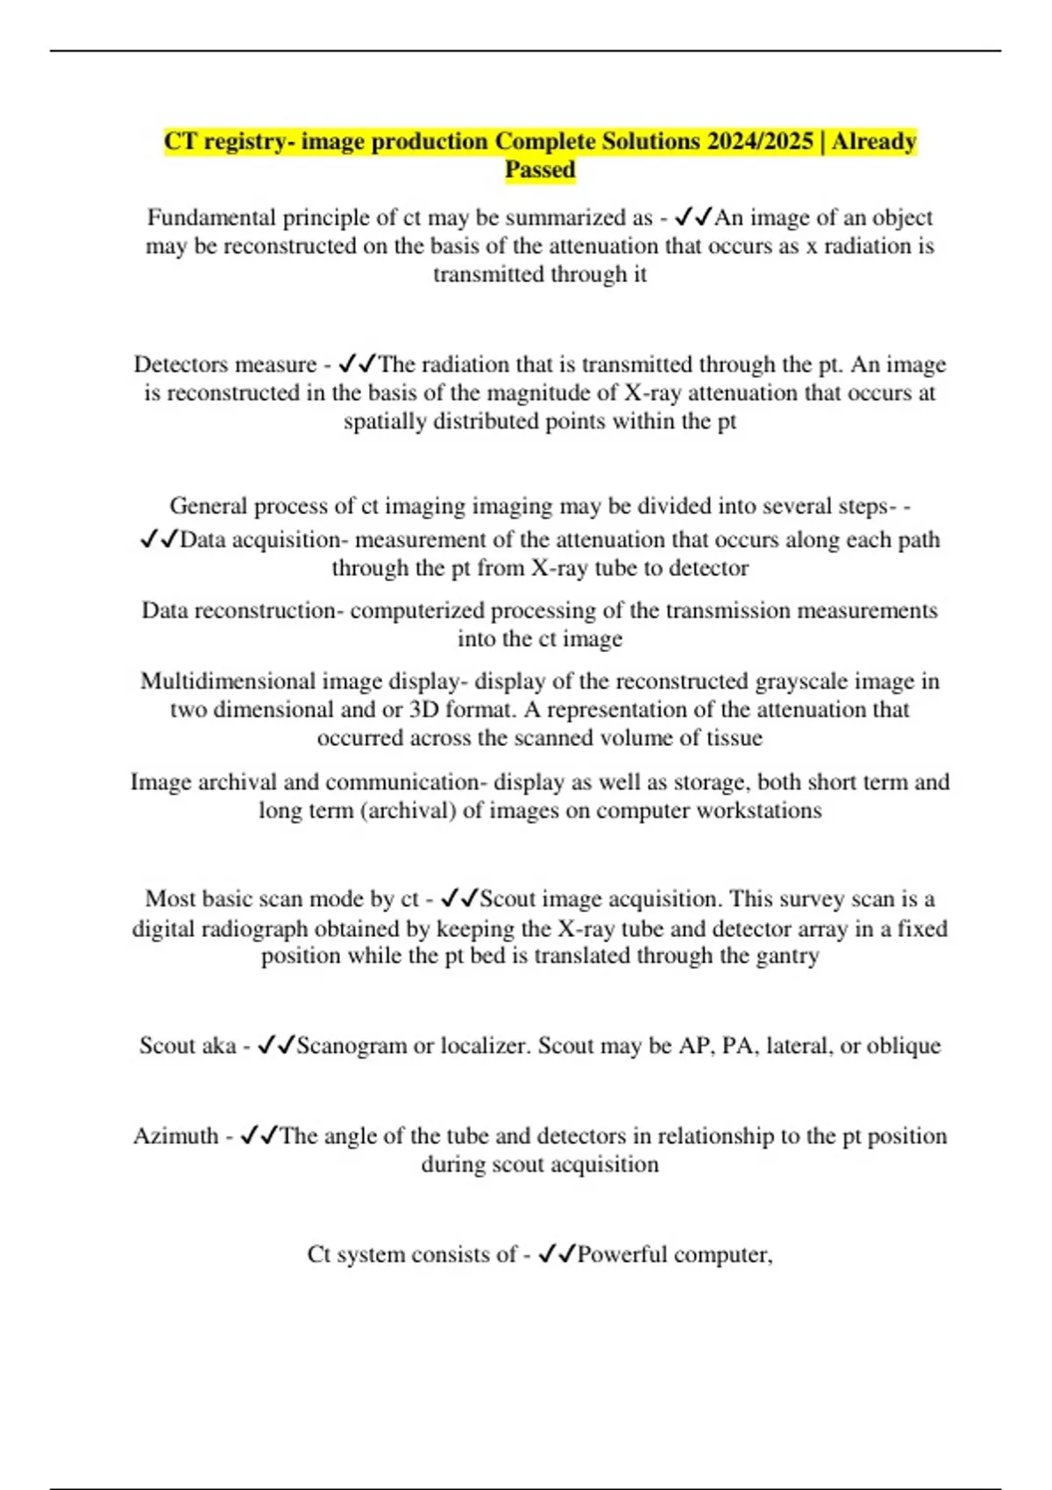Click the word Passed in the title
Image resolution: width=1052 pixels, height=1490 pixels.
pyautogui.click(x=540, y=170)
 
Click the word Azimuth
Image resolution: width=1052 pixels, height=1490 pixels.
pyautogui.click(x=175, y=1136)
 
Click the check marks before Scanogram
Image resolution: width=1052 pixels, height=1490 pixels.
pyautogui.click(x=276, y=1046)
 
